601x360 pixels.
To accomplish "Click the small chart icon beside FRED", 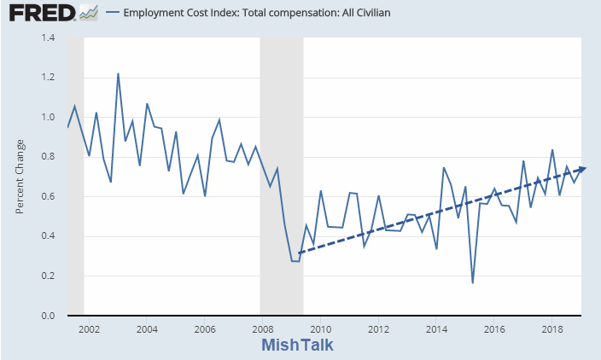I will point(87,13).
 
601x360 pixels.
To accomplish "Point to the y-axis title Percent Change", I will point(20,177).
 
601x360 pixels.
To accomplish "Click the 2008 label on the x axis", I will point(262,328).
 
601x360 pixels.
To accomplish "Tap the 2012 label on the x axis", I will point(378,328).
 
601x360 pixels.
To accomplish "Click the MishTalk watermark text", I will point(297,345).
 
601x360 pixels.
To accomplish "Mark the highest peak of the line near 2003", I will point(118,74).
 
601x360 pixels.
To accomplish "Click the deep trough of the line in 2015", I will point(472,282).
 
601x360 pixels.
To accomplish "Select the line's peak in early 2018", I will point(552,150).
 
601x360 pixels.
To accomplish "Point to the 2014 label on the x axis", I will point(436,328).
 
